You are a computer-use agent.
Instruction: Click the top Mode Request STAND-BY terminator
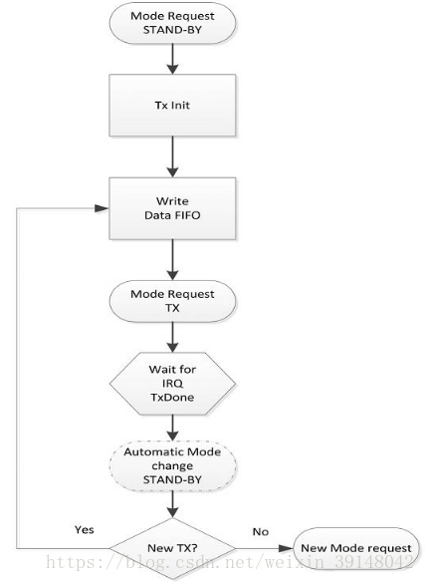tap(172, 23)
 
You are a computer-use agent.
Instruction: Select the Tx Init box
tap(172, 105)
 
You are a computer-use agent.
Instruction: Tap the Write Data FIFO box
tap(172, 208)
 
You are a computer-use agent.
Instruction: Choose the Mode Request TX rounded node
tap(172, 301)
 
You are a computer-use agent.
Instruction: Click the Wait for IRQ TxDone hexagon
tap(172, 384)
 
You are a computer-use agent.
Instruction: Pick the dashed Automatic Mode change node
tap(172, 465)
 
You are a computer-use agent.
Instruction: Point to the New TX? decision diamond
tap(172, 548)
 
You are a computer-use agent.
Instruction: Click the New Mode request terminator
tap(356, 548)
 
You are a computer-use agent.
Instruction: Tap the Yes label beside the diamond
tap(85, 529)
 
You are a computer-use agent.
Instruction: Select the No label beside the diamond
tap(261, 532)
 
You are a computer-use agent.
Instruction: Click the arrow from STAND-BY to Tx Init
tap(172, 59)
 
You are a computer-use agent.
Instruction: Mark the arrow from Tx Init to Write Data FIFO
tap(172, 156)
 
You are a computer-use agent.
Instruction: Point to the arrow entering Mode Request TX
tap(172, 260)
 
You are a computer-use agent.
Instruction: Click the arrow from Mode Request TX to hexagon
tap(172, 337)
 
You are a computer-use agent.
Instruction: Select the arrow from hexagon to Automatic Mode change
tap(172, 428)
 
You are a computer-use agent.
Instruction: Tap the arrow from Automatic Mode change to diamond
tap(172, 504)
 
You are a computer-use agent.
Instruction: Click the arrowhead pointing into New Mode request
tap(286, 548)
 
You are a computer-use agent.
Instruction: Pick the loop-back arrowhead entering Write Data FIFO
tap(102, 208)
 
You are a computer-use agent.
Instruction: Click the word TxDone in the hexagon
tap(172, 398)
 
